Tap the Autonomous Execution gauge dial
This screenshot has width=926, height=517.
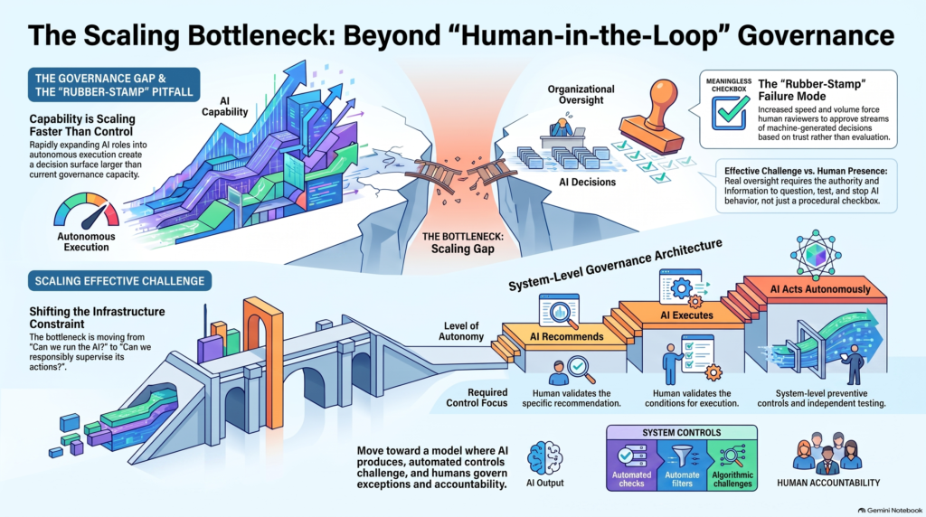[x=86, y=211]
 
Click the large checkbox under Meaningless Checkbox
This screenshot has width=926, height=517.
[x=730, y=113]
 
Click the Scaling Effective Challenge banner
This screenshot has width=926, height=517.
[x=119, y=281]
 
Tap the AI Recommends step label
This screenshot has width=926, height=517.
[x=566, y=336]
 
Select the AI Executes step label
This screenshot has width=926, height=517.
[x=687, y=315]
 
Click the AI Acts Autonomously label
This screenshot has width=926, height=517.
[x=820, y=289]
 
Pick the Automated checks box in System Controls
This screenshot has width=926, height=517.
[x=631, y=465]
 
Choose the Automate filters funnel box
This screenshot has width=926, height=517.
[x=682, y=465]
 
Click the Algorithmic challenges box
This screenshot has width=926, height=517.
[x=732, y=465]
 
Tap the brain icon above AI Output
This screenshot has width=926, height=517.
[x=544, y=458]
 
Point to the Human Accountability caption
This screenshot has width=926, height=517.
[x=828, y=483]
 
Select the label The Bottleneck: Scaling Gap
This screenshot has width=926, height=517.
[x=462, y=242]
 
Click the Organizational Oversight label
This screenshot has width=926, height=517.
[x=581, y=94]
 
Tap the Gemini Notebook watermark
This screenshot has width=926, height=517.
[x=890, y=510]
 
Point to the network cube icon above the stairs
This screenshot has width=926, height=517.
[x=816, y=256]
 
